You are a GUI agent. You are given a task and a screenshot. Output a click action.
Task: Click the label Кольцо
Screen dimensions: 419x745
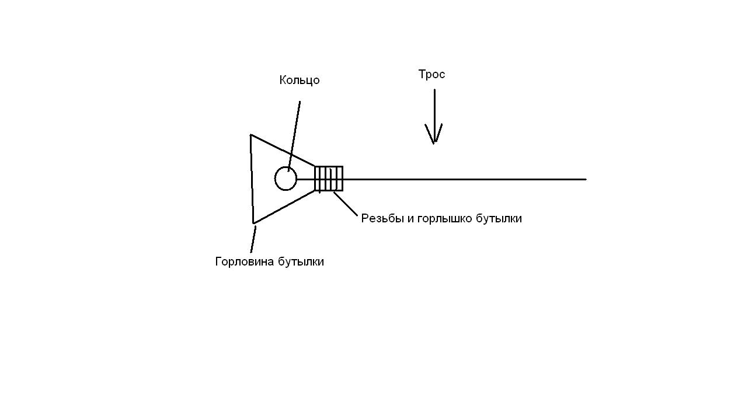(x=300, y=81)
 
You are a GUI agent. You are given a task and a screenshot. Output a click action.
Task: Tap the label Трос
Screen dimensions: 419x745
(x=431, y=75)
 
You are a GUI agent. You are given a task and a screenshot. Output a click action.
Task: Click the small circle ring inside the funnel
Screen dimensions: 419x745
(x=286, y=179)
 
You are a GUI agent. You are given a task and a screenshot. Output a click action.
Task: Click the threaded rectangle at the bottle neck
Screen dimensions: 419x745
(x=329, y=179)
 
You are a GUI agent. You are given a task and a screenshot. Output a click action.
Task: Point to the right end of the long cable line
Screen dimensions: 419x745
(x=584, y=179)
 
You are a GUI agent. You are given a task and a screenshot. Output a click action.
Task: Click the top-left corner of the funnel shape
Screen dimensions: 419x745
(x=251, y=135)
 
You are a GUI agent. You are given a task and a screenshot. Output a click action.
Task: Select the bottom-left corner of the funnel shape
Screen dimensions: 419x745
(x=253, y=222)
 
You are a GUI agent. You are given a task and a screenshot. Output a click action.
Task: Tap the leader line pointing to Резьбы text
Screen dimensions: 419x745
(x=346, y=204)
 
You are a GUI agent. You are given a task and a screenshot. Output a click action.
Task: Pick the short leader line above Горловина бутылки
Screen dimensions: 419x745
(x=253, y=239)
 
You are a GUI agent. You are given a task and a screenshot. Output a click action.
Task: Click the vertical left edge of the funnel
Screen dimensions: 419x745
(x=252, y=179)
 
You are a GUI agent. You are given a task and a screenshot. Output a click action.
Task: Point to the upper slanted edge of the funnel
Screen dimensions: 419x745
(x=283, y=151)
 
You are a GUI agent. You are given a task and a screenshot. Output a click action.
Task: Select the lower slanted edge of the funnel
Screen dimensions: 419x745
(x=284, y=207)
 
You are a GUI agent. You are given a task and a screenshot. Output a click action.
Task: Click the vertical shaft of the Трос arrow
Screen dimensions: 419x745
(x=434, y=108)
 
